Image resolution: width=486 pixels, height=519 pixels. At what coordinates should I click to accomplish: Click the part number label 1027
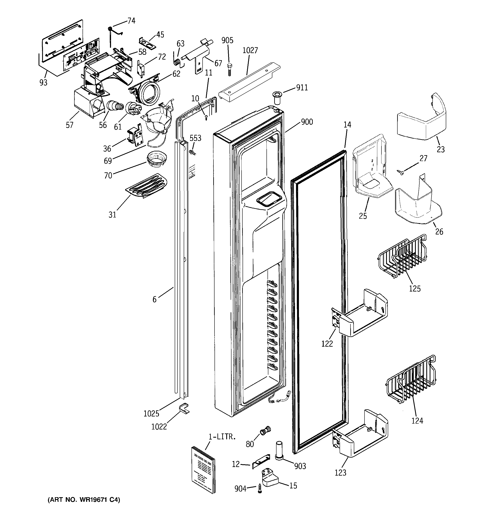(x=250, y=50)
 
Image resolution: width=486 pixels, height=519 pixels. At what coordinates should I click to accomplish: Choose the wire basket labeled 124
(x=411, y=380)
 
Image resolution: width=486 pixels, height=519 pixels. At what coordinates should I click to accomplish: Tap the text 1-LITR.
(x=222, y=437)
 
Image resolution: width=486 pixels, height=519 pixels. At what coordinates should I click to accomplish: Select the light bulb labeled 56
(x=115, y=107)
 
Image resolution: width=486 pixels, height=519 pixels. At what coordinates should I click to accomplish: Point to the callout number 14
(x=347, y=125)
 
